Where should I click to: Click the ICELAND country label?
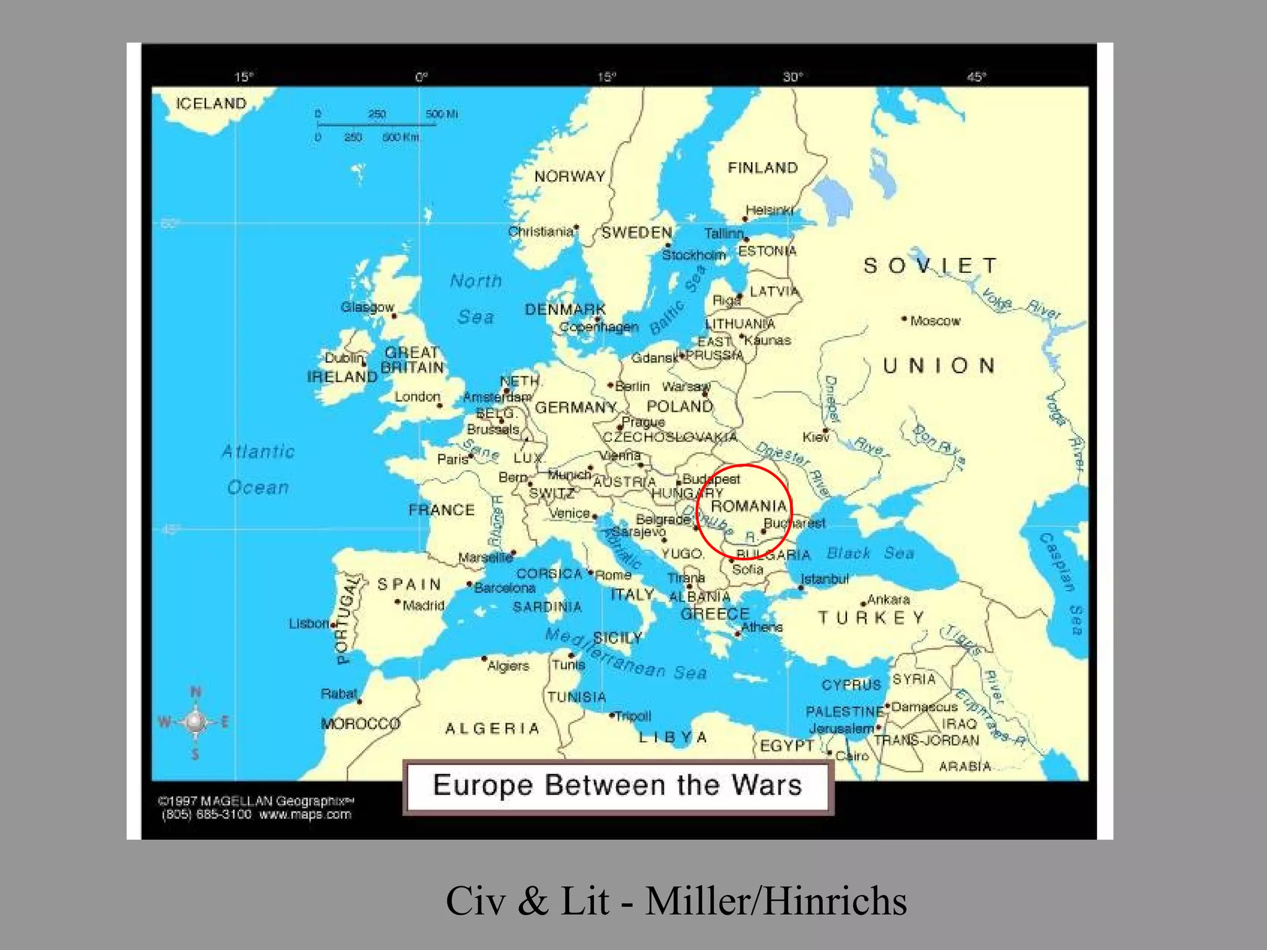coord(211,103)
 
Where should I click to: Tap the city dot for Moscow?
coord(904,319)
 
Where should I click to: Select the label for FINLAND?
coord(763,168)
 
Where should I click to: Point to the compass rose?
coord(195,722)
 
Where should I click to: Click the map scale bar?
coord(376,125)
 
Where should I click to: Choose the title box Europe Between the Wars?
coord(617,786)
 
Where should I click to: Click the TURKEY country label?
coord(871,618)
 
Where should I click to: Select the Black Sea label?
coord(870,553)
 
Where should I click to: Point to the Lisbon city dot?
coord(333,625)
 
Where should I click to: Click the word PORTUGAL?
coord(347,619)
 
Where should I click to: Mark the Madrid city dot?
coord(398,601)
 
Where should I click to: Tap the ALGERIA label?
coord(492,729)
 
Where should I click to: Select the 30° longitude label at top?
coord(792,77)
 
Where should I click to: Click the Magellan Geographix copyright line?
coord(256,801)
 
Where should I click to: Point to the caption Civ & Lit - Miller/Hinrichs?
coord(676,901)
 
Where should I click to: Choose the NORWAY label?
coord(570,176)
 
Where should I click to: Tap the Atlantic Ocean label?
coord(258,469)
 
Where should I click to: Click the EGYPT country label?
coord(787,745)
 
